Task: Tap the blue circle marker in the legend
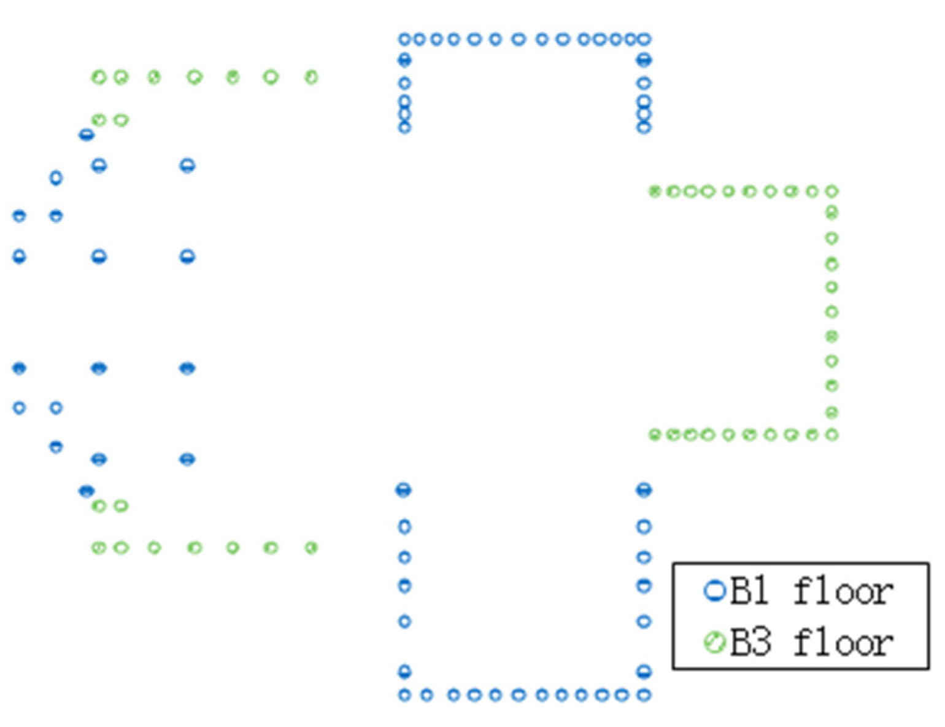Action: (x=714, y=591)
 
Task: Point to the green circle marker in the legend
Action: (x=714, y=643)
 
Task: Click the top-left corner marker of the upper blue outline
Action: (x=404, y=39)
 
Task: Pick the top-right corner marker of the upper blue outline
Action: (x=644, y=39)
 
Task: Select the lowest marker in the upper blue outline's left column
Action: (x=404, y=128)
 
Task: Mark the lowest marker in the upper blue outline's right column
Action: (x=644, y=128)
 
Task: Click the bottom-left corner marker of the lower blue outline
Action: (x=404, y=695)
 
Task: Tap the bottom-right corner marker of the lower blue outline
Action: (x=644, y=695)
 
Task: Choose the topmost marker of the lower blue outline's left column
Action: (x=403, y=490)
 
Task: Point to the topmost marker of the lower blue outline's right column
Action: (x=644, y=490)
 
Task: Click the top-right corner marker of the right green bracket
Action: (x=831, y=192)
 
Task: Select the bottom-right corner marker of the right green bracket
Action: (x=831, y=435)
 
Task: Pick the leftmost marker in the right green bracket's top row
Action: (x=655, y=192)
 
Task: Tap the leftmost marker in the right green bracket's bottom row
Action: (x=655, y=435)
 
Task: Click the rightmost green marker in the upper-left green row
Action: (x=311, y=77)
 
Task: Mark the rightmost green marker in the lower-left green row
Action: (x=311, y=547)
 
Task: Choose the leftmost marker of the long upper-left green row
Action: (x=99, y=77)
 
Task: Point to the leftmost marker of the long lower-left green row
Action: (x=99, y=547)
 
